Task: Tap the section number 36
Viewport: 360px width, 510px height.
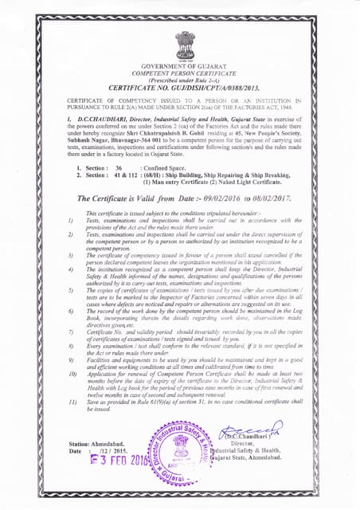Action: [x=118, y=169]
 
